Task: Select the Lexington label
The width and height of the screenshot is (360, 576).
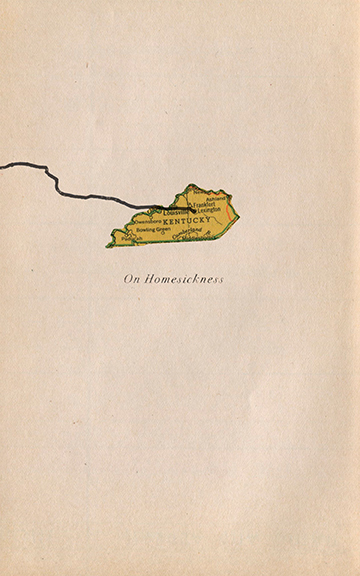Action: click(x=208, y=210)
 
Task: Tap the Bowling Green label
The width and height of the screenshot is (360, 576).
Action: click(x=153, y=229)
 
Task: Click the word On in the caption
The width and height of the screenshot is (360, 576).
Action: click(x=129, y=280)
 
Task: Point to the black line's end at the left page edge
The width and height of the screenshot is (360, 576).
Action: click(x=2, y=163)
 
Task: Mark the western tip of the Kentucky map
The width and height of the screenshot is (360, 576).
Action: click(x=108, y=245)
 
